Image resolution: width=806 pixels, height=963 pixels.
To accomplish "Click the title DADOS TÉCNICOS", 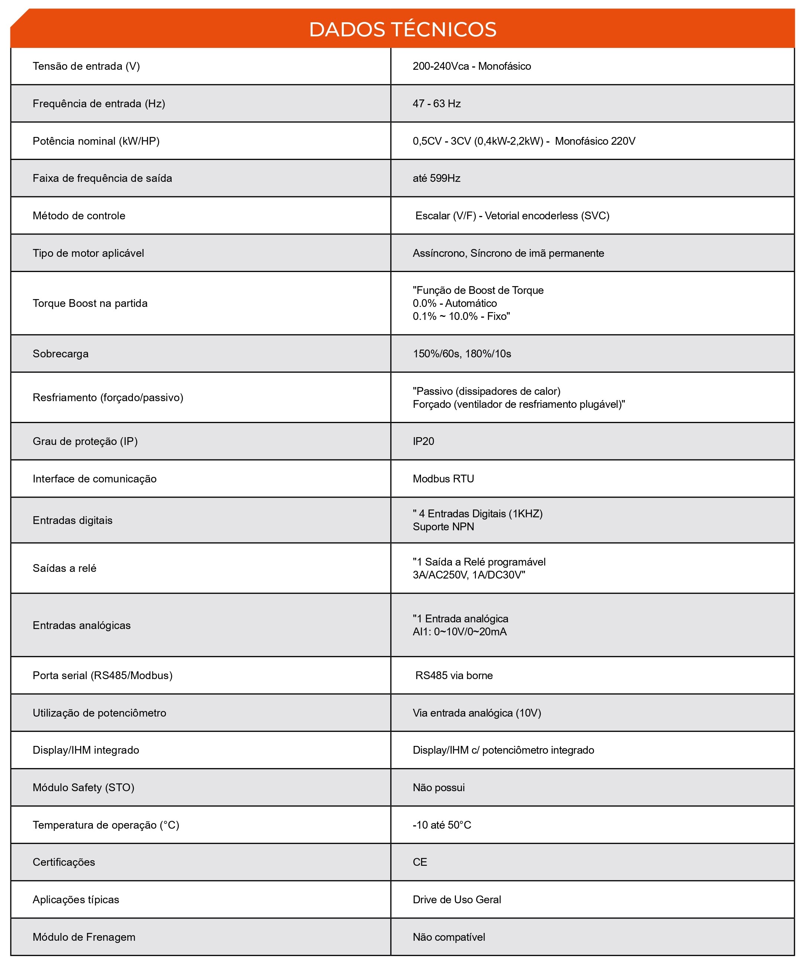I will (402, 30).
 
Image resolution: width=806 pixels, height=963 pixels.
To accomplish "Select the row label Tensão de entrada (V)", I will (86, 66).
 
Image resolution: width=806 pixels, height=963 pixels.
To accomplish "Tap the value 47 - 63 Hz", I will (436, 104).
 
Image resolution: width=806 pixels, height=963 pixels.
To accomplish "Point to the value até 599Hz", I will (436, 178).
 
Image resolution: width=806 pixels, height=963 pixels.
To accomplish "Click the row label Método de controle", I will (79, 216).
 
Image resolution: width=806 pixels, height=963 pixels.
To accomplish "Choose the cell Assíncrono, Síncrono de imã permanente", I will (508, 253).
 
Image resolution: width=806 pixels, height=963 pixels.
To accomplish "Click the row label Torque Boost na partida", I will (90, 303).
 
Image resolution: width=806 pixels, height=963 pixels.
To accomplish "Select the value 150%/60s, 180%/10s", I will (461, 354).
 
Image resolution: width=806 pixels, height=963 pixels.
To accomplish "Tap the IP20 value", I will (423, 441).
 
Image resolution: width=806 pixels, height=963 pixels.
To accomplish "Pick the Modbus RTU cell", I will (443, 479).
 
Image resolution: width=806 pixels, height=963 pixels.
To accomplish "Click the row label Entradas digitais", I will (72, 520).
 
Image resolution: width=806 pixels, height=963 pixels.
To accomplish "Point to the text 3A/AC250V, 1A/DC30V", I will (469, 575).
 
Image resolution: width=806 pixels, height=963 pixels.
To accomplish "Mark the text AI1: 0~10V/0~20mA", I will (460, 632).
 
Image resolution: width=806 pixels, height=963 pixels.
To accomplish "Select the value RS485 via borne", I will (454, 675).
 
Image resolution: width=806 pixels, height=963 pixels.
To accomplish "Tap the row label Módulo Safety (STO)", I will (84, 787).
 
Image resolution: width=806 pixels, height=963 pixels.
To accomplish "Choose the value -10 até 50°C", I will (442, 825).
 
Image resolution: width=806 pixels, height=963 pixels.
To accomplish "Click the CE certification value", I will (420, 862).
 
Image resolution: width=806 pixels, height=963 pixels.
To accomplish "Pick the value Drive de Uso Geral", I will (456, 900).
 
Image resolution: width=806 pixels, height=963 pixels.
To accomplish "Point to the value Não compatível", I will (448, 937).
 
